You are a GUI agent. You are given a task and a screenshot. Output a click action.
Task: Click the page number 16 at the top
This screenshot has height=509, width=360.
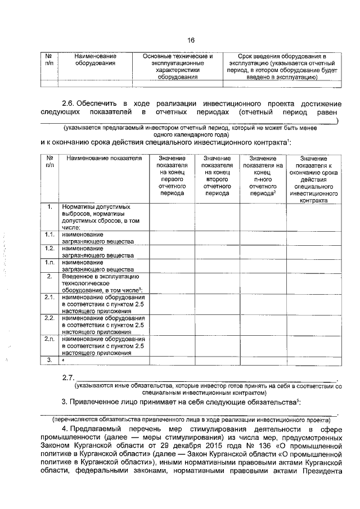(191, 40)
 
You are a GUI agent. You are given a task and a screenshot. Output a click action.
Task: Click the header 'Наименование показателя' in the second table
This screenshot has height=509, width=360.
(104, 159)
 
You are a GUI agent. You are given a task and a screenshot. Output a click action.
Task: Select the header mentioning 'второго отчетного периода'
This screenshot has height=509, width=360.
(217, 175)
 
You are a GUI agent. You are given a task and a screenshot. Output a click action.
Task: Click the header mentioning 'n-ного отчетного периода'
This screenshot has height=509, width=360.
(262, 175)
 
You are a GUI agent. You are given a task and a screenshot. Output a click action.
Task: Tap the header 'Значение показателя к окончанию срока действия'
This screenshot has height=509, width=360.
(314, 179)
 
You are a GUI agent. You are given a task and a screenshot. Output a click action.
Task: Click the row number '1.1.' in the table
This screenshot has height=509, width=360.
(49, 234)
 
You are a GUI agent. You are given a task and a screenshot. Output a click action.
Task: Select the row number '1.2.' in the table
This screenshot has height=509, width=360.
(49, 248)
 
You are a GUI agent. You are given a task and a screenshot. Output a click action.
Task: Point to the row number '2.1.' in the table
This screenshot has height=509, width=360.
(49, 297)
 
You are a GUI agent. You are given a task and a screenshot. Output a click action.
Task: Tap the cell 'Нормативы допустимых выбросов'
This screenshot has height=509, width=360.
(101, 217)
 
